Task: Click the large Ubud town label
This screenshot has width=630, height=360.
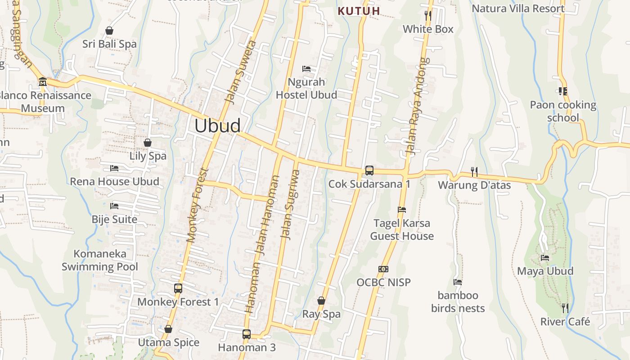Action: point(217,126)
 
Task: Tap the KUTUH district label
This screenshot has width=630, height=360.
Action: point(359,11)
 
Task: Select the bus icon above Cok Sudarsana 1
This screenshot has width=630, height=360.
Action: point(369,171)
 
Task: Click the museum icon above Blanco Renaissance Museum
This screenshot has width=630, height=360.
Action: point(43,82)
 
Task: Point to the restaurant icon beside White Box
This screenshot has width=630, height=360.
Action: point(428,16)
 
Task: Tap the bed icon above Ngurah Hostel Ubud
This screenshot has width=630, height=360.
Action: point(306,69)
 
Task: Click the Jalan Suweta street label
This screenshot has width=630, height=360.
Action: point(241,72)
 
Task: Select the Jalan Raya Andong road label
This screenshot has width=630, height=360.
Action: point(416,106)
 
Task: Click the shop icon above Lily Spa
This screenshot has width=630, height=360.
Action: point(147,143)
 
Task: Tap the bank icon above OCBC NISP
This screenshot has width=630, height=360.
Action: point(383,269)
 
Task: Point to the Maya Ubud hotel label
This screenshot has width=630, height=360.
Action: point(545,271)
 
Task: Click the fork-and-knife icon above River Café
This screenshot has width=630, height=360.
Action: point(565,308)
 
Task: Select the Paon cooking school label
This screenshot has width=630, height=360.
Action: point(563,111)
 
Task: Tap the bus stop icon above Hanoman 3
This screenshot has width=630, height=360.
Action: point(246,334)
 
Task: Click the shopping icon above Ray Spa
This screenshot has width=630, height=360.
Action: point(321,300)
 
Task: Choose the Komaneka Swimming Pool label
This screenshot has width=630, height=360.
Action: point(100,260)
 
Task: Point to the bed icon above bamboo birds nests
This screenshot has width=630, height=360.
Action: point(458,282)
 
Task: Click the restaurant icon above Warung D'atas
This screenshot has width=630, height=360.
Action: point(474,171)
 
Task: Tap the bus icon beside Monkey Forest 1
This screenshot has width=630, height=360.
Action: point(178,288)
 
